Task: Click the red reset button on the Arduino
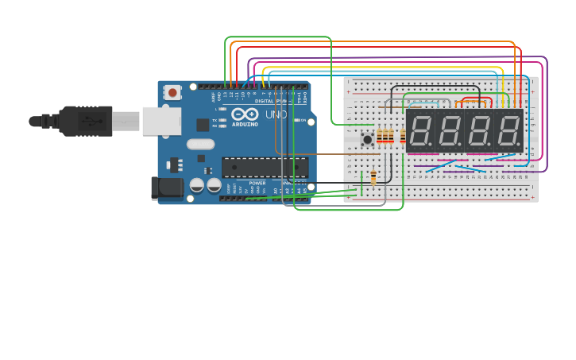(x=172, y=92)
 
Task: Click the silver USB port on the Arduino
(x=161, y=121)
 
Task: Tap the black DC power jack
(x=166, y=188)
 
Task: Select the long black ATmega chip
(x=265, y=167)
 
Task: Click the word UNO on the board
(x=275, y=114)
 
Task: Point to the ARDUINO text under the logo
(x=245, y=124)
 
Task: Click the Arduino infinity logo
(x=245, y=114)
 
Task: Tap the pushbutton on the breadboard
(x=367, y=140)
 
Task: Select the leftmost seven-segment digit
(x=420, y=130)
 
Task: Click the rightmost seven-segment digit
(x=508, y=130)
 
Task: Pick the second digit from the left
(x=450, y=130)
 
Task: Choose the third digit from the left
(x=479, y=130)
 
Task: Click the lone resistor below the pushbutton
(x=373, y=176)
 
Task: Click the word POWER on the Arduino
(x=257, y=183)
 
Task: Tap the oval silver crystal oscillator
(x=201, y=145)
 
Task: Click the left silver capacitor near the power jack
(x=197, y=185)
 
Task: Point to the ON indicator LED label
(x=303, y=120)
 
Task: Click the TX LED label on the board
(x=215, y=120)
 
